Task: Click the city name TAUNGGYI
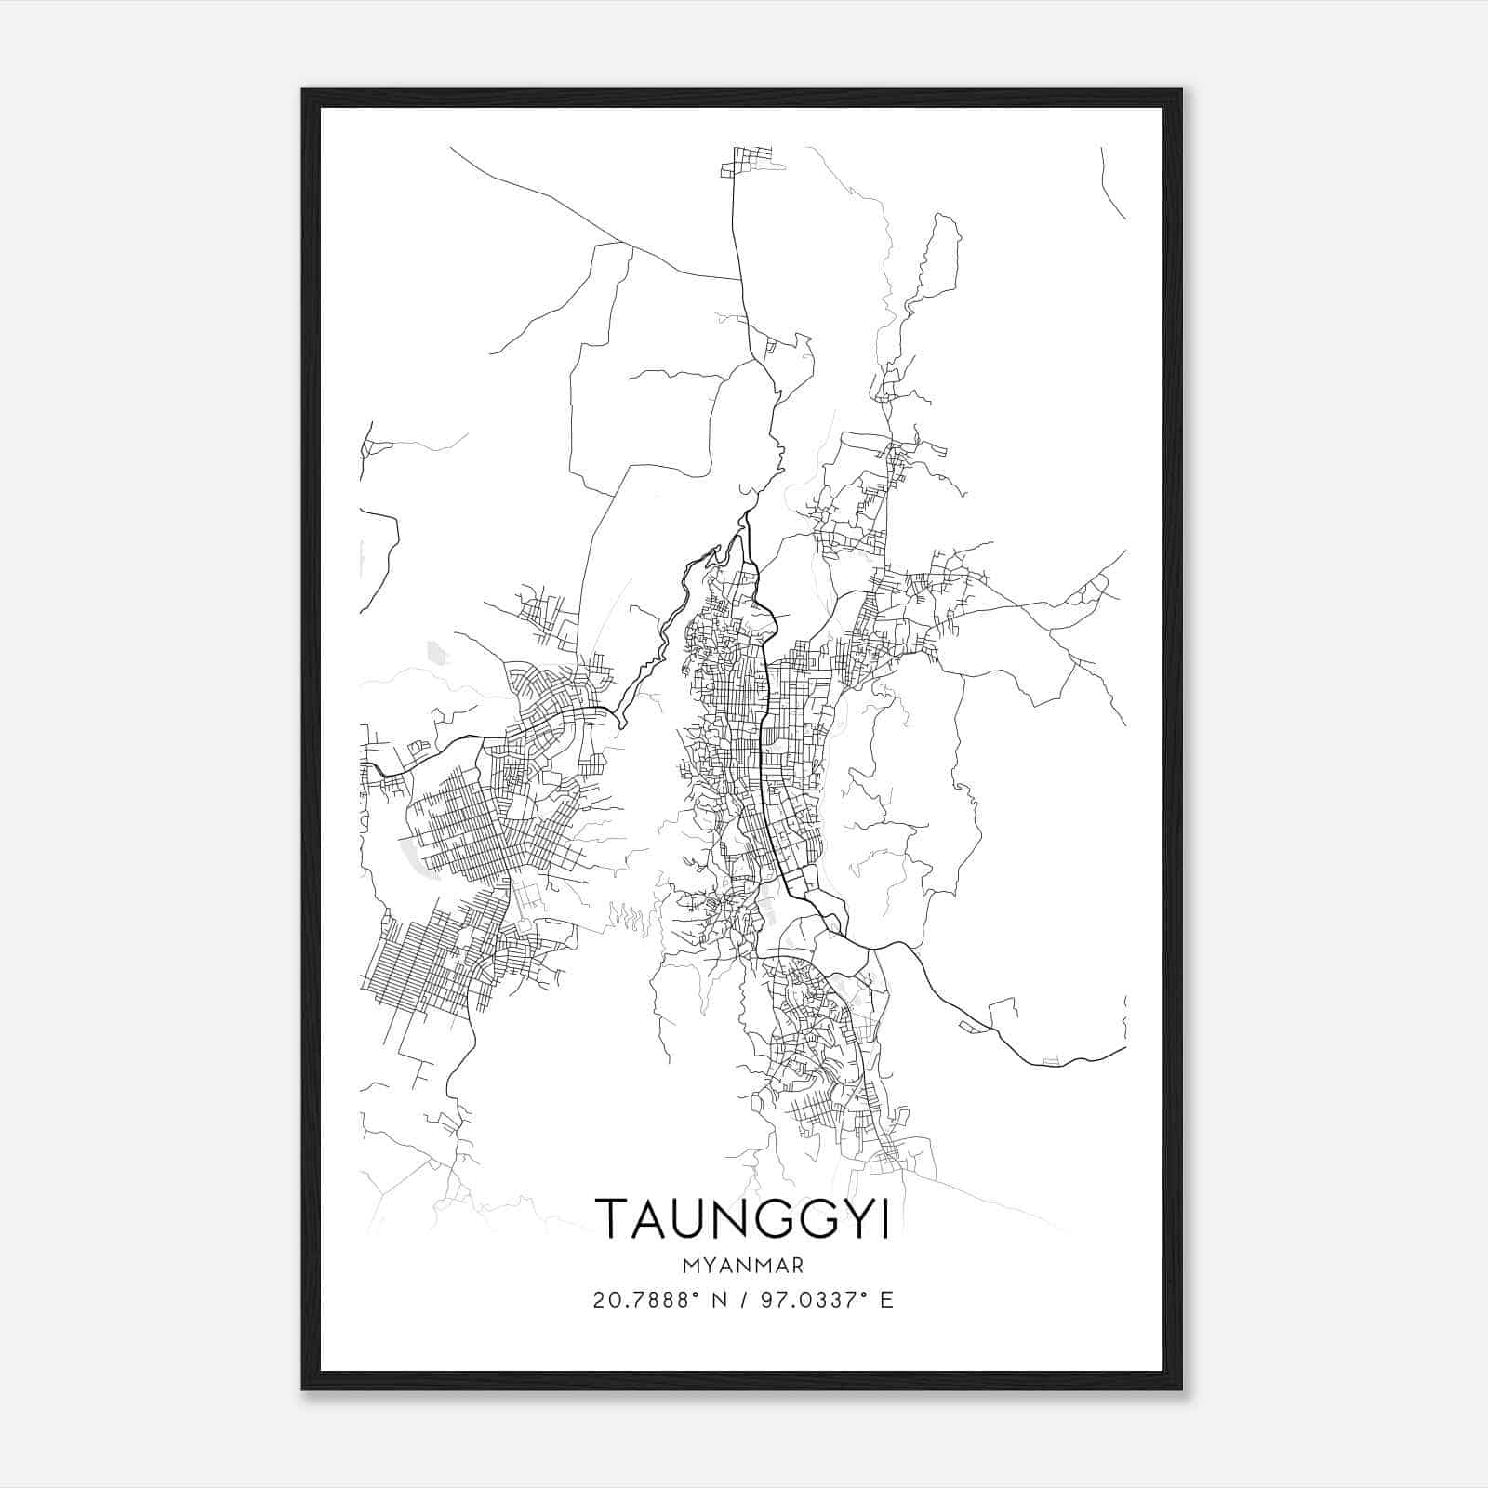point(742,1219)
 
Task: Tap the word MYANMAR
point(742,1266)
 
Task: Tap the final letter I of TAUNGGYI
point(884,1219)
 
